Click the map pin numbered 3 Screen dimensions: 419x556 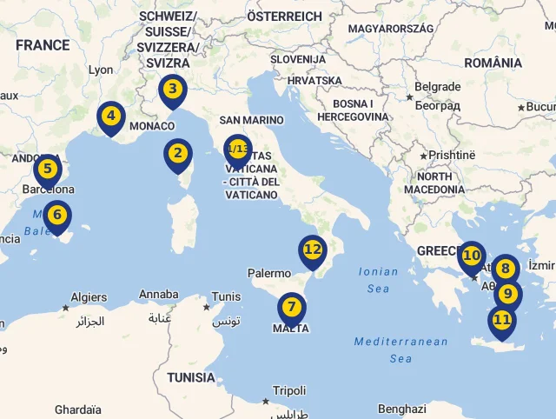click(x=173, y=89)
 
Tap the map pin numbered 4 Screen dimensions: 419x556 click(x=110, y=116)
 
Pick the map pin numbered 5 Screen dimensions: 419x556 click(x=48, y=170)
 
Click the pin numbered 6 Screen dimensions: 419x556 click(x=57, y=215)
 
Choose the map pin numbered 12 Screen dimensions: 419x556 click(x=313, y=249)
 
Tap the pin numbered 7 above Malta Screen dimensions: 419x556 click(x=291, y=308)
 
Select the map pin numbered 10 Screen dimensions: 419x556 click(x=471, y=256)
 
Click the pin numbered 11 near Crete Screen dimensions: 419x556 click(x=501, y=320)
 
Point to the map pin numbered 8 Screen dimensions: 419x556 click(x=505, y=269)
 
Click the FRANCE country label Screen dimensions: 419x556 click(x=42, y=45)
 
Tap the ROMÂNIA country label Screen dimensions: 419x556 click(x=493, y=63)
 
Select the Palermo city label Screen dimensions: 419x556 click(x=269, y=273)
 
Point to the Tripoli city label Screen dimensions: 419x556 click(x=289, y=391)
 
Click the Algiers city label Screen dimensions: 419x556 click(x=89, y=297)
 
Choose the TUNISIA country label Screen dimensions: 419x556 click(x=190, y=377)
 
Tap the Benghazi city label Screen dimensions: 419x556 click(x=402, y=409)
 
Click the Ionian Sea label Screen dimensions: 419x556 click(x=380, y=280)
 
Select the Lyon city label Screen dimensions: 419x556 click(x=101, y=70)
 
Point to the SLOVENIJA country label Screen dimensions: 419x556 click(x=297, y=59)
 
